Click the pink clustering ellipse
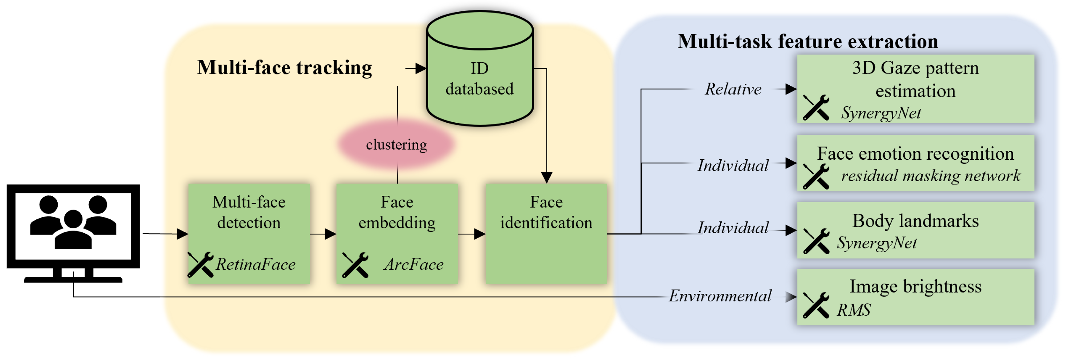[396, 144]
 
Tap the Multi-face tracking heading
[285, 67]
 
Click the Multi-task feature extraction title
[807, 41]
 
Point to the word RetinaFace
[256, 264]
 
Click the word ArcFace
[413, 264]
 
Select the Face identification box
[546, 234]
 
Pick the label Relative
[733, 89]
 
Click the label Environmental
[720, 296]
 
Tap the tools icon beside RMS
[816, 305]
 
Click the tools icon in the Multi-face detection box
[200, 264]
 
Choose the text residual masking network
[930, 176]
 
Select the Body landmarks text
[915, 221]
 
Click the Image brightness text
[915, 286]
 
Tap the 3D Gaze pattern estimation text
[915, 79]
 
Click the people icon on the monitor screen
[73, 222]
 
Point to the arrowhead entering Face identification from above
[547, 178]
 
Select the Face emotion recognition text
[915, 153]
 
